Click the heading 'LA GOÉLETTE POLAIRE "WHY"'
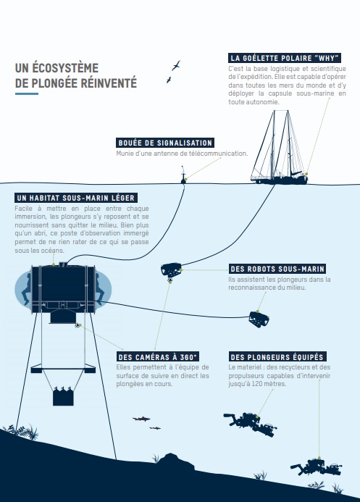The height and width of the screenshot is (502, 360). click(x=285, y=58)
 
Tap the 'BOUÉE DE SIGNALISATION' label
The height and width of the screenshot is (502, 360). click(x=165, y=143)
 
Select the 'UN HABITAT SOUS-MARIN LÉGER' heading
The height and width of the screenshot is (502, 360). click(x=76, y=198)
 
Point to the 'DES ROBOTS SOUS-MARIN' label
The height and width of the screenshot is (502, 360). click(x=277, y=269)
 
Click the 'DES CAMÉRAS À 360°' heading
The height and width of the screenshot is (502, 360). click(x=158, y=357)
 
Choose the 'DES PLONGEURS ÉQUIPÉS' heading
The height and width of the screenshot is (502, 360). click(x=277, y=357)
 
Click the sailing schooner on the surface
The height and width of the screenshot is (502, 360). click(x=280, y=147)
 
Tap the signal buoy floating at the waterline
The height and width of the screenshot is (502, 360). click(x=183, y=175)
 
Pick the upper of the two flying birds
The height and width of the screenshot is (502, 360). click(x=176, y=66)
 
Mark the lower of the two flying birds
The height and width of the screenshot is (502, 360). click(x=169, y=80)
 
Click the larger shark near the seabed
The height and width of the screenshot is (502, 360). click(x=141, y=419)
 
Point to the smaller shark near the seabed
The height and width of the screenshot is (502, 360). click(x=155, y=427)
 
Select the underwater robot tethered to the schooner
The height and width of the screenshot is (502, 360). click(x=171, y=270)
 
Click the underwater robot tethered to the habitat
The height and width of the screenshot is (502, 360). click(x=259, y=319)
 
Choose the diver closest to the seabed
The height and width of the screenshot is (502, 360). click(x=316, y=467)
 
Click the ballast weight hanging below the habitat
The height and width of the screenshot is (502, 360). click(x=63, y=396)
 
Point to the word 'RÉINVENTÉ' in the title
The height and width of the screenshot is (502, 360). click(x=109, y=83)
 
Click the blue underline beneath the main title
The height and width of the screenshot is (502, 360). click(x=27, y=93)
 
